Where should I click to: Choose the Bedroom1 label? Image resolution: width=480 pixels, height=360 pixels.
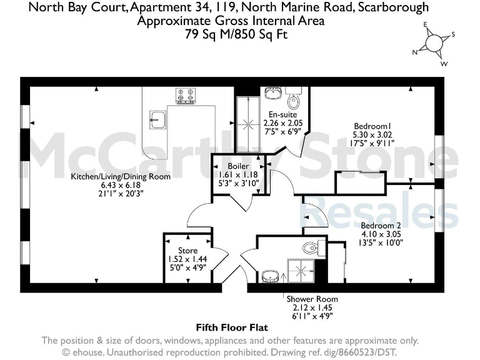tap(369, 124)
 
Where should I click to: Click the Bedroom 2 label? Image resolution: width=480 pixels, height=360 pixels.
tap(381, 225)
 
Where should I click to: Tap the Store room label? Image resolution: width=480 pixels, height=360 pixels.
tap(187, 251)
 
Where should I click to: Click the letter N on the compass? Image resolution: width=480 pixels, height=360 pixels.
tap(414, 52)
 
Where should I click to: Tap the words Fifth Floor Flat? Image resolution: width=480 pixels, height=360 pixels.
tap(232, 327)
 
